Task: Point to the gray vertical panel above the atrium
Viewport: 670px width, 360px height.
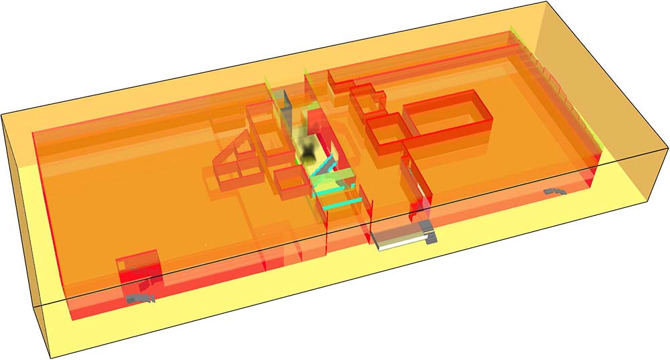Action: [x=285, y=107]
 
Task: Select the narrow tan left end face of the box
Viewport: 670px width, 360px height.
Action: [x=23, y=221]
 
